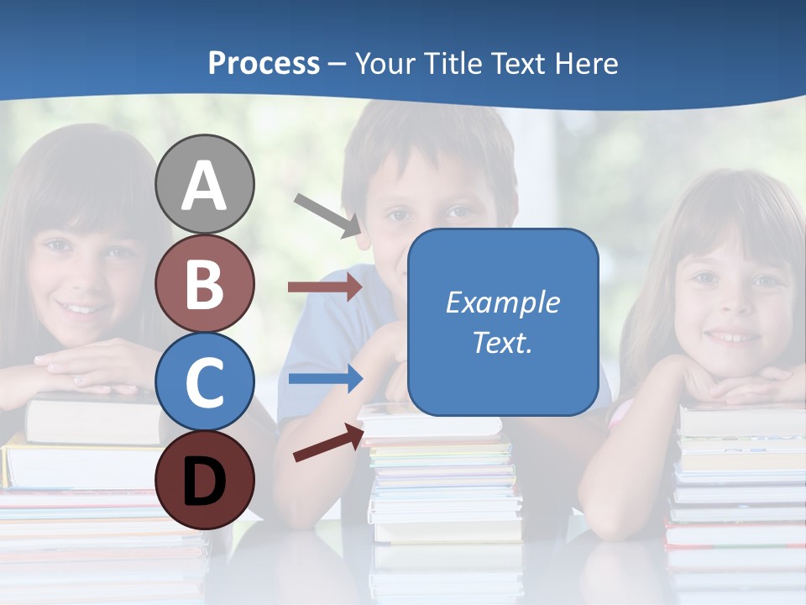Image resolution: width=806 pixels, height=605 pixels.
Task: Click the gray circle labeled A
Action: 205,185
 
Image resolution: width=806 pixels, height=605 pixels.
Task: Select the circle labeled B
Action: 205,283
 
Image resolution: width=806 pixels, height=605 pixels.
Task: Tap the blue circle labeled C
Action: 205,381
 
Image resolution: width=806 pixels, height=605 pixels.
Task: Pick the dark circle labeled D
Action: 205,479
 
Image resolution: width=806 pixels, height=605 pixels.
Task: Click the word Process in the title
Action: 264,63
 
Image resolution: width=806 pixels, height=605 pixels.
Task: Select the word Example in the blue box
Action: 502,302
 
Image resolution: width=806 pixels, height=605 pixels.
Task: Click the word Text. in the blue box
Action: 502,342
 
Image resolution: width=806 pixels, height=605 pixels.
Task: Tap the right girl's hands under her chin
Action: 739,382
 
